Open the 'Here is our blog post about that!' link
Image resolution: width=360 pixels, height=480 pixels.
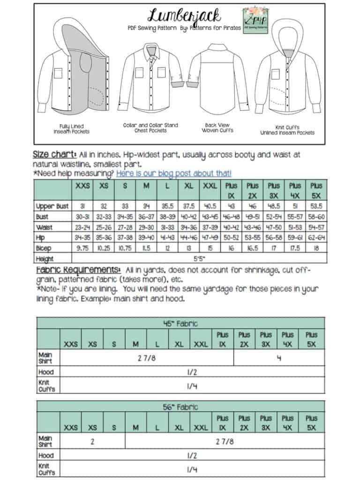point(173,173)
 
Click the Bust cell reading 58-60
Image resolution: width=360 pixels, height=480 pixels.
point(316,217)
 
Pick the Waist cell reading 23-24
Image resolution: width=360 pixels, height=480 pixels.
point(83,228)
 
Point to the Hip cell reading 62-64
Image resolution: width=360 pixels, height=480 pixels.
point(316,238)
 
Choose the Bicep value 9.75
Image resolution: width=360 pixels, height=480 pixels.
point(83,248)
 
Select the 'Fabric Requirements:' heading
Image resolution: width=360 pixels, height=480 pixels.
point(78,271)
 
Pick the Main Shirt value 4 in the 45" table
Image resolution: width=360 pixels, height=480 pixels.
point(279,358)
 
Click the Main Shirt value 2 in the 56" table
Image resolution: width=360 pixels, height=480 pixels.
point(93,442)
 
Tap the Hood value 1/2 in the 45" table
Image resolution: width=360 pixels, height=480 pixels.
point(192,372)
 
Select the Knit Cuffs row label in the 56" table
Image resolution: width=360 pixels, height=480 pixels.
point(46,469)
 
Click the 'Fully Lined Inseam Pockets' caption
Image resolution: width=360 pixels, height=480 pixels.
point(72,129)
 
